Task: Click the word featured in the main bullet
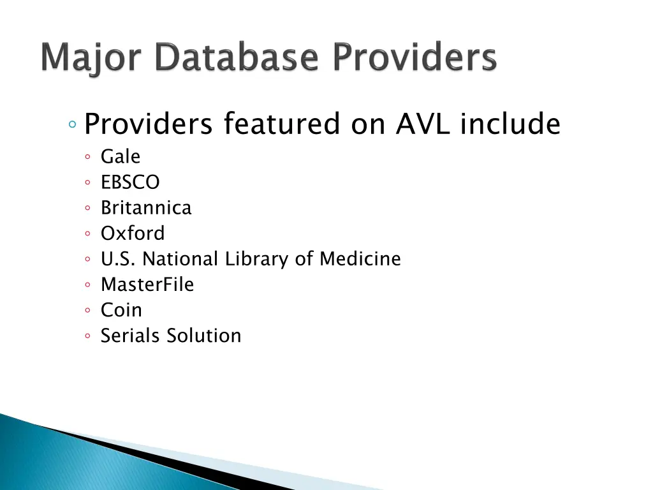pyautogui.click(x=282, y=124)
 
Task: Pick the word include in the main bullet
pyautogui.click(x=510, y=124)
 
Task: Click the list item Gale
pyautogui.click(x=120, y=157)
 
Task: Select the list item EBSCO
pyautogui.click(x=130, y=182)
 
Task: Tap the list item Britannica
pyautogui.click(x=145, y=208)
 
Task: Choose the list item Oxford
pyautogui.click(x=133, y=234)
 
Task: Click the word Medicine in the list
pyautogui.click(x=360, y=259)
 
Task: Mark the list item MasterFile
pyautogui.click(x=147, y=285)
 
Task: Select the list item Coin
pyautogui.click(x=121, y=310)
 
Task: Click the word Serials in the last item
pyautogui.click(x=131, y=336)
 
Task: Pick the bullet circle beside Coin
pyautogui.click(x=87, y=311)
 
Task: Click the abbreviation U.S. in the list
pyautogui.click(x=119, y=259)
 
